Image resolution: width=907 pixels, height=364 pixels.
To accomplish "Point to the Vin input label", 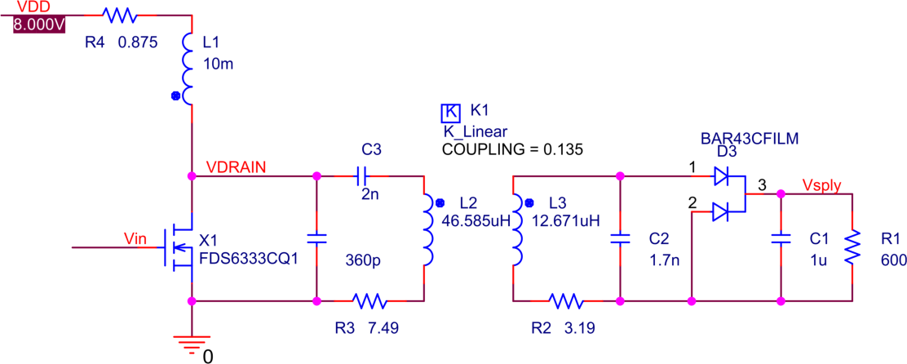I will pos(135,237).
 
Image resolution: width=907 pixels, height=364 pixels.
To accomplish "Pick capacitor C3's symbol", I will pos(362,175).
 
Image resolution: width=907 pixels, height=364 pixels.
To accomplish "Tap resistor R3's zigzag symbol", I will pos(369,301).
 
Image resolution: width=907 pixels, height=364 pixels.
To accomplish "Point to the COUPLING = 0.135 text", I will pos(511,149).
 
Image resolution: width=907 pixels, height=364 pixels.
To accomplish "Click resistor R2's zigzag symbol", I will pos(566,301).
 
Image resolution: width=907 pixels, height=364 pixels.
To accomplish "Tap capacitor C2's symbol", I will pos(621,238).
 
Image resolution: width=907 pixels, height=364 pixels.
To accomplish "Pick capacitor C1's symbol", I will pos(781,238).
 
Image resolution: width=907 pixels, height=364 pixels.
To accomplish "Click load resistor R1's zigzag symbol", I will pos(852,246).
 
